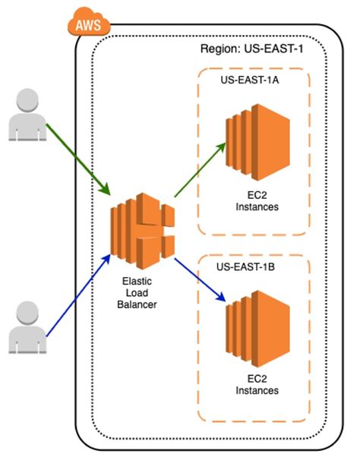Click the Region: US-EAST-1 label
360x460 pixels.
coord(251,49)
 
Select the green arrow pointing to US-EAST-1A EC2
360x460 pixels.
coord(201,170)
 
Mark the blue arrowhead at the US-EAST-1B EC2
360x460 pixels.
coord(221,298)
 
